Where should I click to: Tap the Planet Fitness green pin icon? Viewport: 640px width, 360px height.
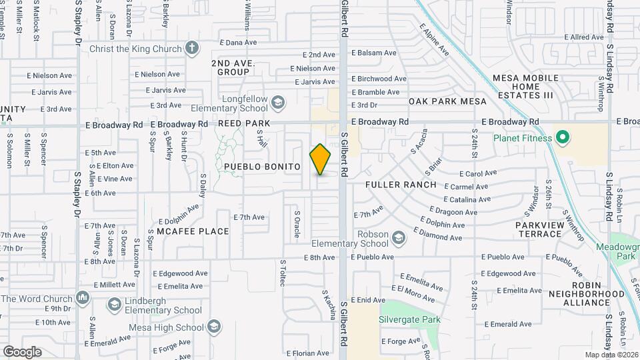pos(562,138)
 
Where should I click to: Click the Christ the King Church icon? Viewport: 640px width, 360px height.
pos(192,49)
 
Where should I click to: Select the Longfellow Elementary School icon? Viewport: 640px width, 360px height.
pos(277,102)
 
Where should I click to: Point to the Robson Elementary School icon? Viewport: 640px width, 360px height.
pos(398,238)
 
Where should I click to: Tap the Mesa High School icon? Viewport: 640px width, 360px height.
pos(213,327)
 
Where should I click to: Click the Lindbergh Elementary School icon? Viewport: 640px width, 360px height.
pos(113,304)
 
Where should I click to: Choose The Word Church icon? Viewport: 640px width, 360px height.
pos(83,297)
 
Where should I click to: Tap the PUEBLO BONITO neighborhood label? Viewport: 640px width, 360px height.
pos(262,167)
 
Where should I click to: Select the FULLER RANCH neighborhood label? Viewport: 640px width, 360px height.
pos(401,185)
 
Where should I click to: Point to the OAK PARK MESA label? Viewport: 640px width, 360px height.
pos(447,101)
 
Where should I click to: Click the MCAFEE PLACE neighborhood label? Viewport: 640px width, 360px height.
pos(193,231)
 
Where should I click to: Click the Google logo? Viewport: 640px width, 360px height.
pos(22,351)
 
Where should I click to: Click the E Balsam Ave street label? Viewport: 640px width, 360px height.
pos(373,53)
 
